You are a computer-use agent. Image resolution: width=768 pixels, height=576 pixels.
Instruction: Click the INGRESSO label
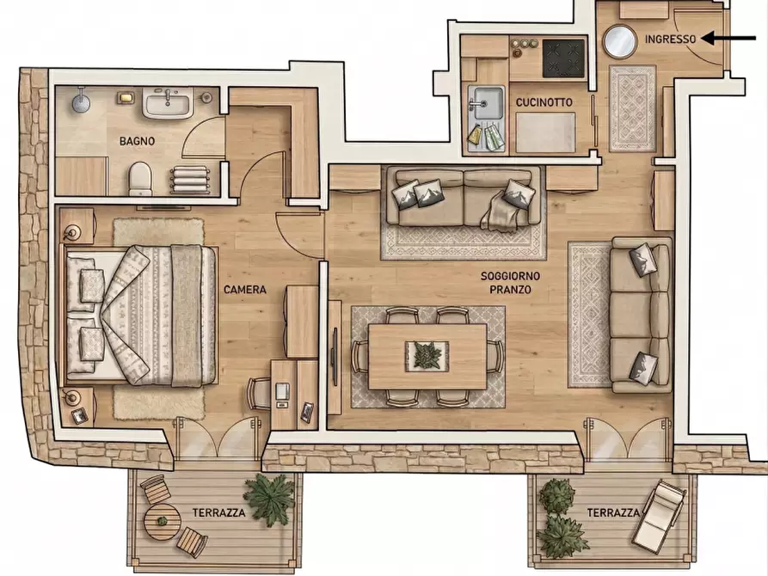pos(670,40)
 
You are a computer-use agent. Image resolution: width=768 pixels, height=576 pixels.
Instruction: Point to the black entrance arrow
pos(728,38)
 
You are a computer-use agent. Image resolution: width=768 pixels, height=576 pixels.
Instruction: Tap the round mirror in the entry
pos(619,41)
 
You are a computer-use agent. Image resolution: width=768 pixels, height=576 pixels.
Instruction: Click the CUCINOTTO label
pos(544,102)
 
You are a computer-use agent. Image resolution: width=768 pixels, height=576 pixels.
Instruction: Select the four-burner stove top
pos(564,58)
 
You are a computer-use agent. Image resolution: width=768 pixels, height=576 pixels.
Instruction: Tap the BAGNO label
pos(137,141)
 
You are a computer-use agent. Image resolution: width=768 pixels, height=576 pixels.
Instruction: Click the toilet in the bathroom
pos(140,179)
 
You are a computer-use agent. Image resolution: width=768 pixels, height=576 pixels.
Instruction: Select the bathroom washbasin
pos(167,103)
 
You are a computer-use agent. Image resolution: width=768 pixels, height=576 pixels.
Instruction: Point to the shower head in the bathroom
pos(81,101)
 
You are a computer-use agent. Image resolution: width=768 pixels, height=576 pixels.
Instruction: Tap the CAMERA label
pos(245,290)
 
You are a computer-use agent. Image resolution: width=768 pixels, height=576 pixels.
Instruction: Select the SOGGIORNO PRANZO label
pos(510,283)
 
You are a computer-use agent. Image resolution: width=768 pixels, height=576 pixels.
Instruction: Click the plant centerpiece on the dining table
pos(427,355)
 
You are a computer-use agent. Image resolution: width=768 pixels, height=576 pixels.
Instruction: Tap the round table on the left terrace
pos(163,522)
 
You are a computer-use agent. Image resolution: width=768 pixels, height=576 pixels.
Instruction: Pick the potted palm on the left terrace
pos(270,499)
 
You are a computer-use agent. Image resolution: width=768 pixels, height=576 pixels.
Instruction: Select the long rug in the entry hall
pos(632,108)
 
